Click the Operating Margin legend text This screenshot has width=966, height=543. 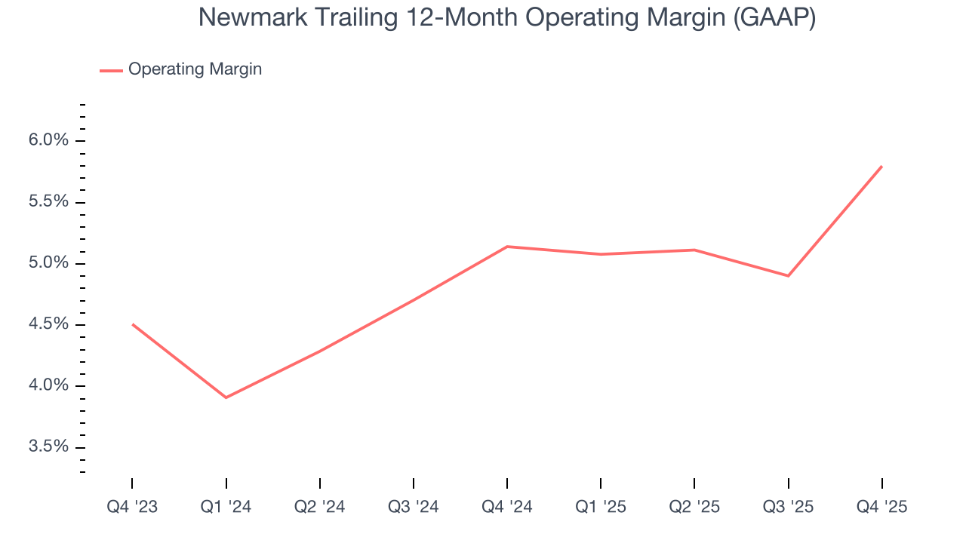(x=195, y=69)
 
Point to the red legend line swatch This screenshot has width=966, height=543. (x=111, y=70)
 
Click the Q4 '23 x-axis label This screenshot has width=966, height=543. (x=132, y=507)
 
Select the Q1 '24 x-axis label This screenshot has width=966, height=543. (x=226, y=507)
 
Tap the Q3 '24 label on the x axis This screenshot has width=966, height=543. (x=414, y=507)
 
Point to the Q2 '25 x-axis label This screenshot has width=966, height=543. (x=694, y=507)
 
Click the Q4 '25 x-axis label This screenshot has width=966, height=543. (x=881, y=507)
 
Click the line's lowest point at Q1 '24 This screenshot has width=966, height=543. (x=226, y=397)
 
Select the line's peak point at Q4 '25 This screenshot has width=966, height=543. (x=881, y=166)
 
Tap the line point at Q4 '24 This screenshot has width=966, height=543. (x=507, y=247)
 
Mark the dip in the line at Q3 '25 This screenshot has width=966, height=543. (x=788, y=276)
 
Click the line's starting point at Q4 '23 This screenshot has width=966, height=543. (x=133, y=324)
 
